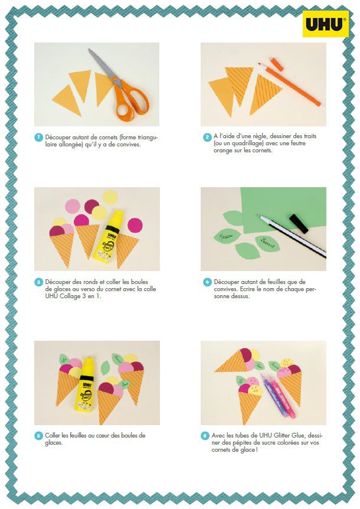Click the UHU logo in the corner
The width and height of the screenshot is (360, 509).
click(325, 24)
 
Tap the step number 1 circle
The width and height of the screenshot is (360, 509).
click(38, 138)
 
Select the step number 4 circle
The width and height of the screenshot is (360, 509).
click(207, 282)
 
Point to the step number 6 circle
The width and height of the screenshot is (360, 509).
click(205, 436)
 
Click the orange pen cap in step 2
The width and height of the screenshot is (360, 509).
click(277, 64)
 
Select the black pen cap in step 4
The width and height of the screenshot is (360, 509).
click(299, 223)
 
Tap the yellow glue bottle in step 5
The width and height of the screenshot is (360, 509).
click(86, 384)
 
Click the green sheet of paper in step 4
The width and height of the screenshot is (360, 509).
click(283, 210)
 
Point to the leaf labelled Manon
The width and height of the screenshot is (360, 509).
click(227, 237)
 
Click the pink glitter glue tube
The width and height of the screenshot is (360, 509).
click(282, 394)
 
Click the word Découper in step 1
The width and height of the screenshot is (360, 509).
click(58, 138)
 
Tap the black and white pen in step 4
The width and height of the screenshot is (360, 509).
click(292, 236)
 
